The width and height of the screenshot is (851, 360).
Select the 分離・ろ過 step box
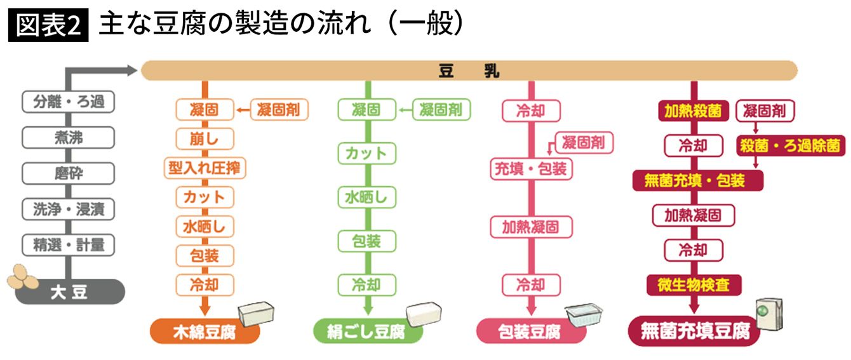[x=68, y=102]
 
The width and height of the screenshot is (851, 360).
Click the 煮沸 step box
[x=68, y=137]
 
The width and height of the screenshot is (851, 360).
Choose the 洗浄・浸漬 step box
[x=68, y=209]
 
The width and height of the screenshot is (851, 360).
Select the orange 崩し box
[x=204, y=138]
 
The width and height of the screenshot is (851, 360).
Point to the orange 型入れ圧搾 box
[x=204, y=168]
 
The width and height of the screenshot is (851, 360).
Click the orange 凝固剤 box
[x=280, y=110]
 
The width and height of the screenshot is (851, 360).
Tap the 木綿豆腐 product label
[x=204, y=331]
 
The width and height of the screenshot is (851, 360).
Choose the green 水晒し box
[x=366, y=197]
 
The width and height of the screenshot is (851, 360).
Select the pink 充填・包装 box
[x=531, y=169]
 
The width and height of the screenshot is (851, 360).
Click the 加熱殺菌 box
[x=693, y=111]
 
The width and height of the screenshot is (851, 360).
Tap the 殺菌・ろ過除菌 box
[x=791, y=146]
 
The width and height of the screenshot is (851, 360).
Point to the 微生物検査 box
[x=694, y=284]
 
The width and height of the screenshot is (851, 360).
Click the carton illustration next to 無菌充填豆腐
[x=768, y=313]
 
